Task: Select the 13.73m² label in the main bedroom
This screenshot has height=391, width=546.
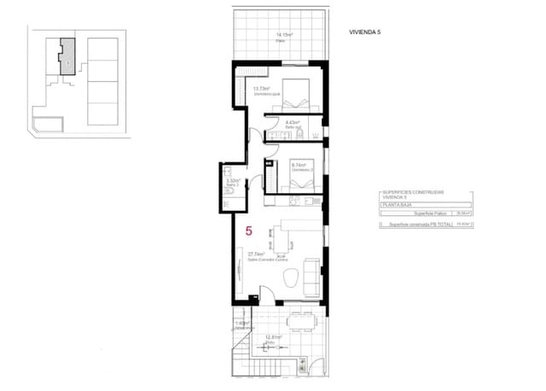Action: [261, 89]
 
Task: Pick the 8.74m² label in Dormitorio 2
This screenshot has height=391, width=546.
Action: [299, 166]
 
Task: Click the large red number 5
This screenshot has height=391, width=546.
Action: [248, 230]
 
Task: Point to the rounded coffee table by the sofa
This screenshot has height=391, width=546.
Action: [290, 277]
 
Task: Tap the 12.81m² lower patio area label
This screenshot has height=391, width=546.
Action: [272, 338]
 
